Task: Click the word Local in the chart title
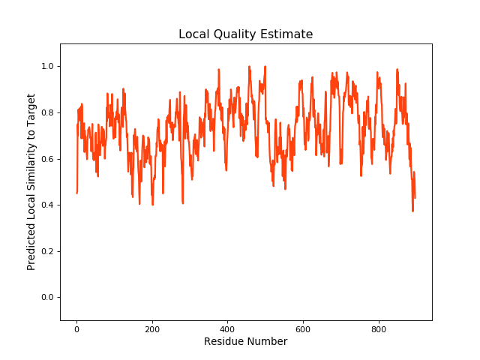click(193, 34)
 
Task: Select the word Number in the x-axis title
click(268, 342)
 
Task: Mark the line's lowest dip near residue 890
click(412, 211)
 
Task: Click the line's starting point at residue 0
click(76, 193)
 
